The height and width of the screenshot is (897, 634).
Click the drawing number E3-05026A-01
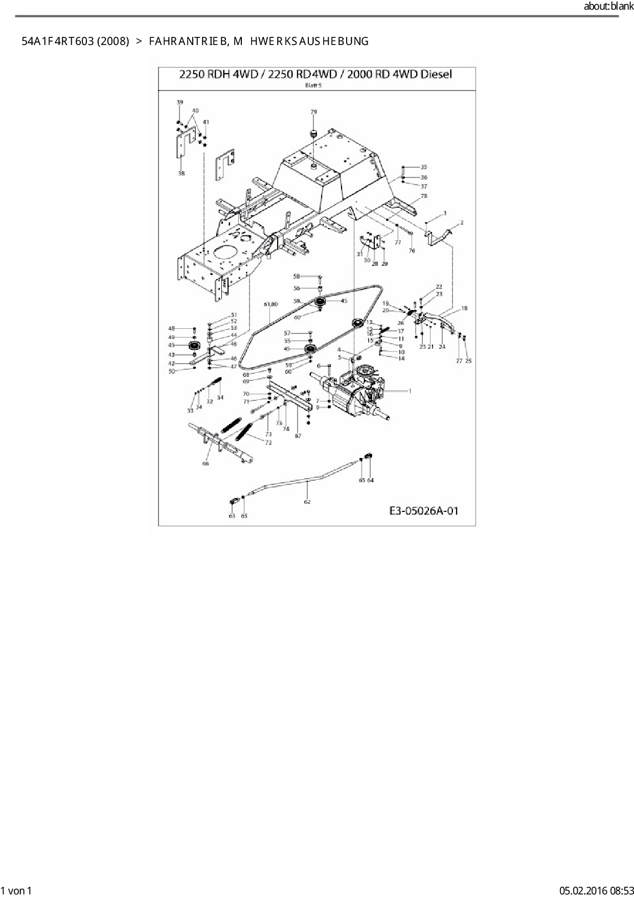tap(424, 510)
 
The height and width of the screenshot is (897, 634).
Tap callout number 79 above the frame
tap(314, 111)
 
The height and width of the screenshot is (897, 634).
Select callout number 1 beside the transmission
tap(410, 391)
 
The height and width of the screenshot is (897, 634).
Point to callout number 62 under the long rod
tap(307, 502)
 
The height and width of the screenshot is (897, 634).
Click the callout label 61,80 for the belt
tap(271, 304)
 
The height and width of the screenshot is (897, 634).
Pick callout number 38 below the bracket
tap(182, 173)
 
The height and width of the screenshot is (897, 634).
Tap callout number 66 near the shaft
tap(206, 464)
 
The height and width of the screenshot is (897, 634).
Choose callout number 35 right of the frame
tap(423, 167)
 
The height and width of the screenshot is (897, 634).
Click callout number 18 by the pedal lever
tap(464, 308)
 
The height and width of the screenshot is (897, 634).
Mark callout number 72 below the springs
tap(268, 443)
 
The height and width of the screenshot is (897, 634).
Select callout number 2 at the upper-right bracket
tap(462, 223)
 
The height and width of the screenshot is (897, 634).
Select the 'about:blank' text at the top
tap(608, 7)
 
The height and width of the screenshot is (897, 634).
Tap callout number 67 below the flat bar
tap(298, 436)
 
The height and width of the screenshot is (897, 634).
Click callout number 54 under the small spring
tap(220, 397)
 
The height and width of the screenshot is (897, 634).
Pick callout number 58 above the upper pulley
tap(296, 276)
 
